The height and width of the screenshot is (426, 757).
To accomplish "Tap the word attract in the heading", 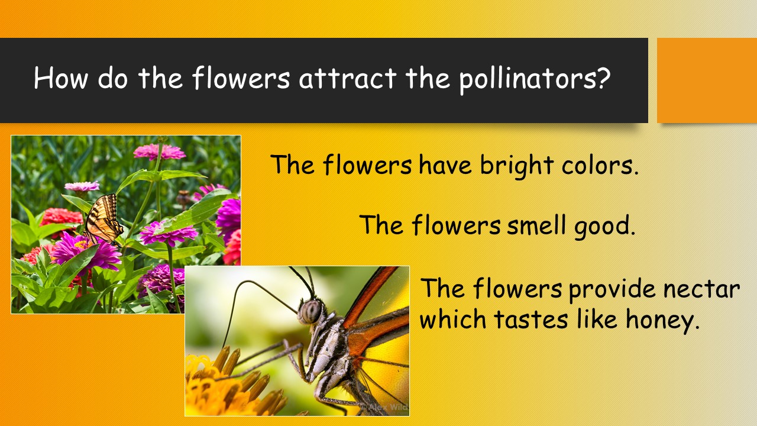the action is pos(348,79).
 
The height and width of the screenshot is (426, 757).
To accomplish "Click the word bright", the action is pos(517,166).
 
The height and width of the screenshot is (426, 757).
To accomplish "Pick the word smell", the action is pos(536,225).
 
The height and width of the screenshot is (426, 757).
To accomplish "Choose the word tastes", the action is pos(530,319).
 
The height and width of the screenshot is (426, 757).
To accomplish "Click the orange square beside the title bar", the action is pos(707,80).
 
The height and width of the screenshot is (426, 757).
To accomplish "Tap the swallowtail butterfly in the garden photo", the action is pos(103,219).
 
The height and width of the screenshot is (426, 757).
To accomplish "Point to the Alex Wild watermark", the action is pos(384,406).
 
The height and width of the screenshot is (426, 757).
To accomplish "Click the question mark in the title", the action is pos(603,77).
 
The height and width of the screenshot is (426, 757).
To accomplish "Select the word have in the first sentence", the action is pos(445,165).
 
